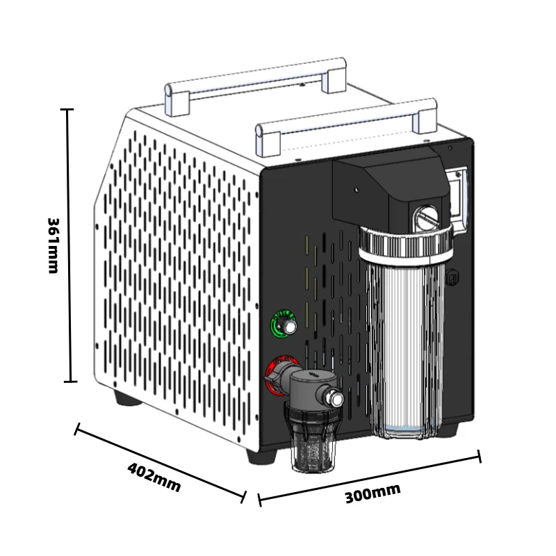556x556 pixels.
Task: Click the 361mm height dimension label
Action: [x=53, y=245]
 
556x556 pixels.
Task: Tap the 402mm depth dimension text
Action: [x=154, y=477]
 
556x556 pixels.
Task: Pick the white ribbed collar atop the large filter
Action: [x=404, y=240]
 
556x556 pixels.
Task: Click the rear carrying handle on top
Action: [x=255, y=79]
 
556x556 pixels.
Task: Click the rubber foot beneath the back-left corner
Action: [x=126, y=399]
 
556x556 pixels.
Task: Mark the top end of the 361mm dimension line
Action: [x=67, y=110]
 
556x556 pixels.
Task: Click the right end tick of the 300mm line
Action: [x=479, y=457]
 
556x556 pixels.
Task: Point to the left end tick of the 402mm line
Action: [x=77, y=429]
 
